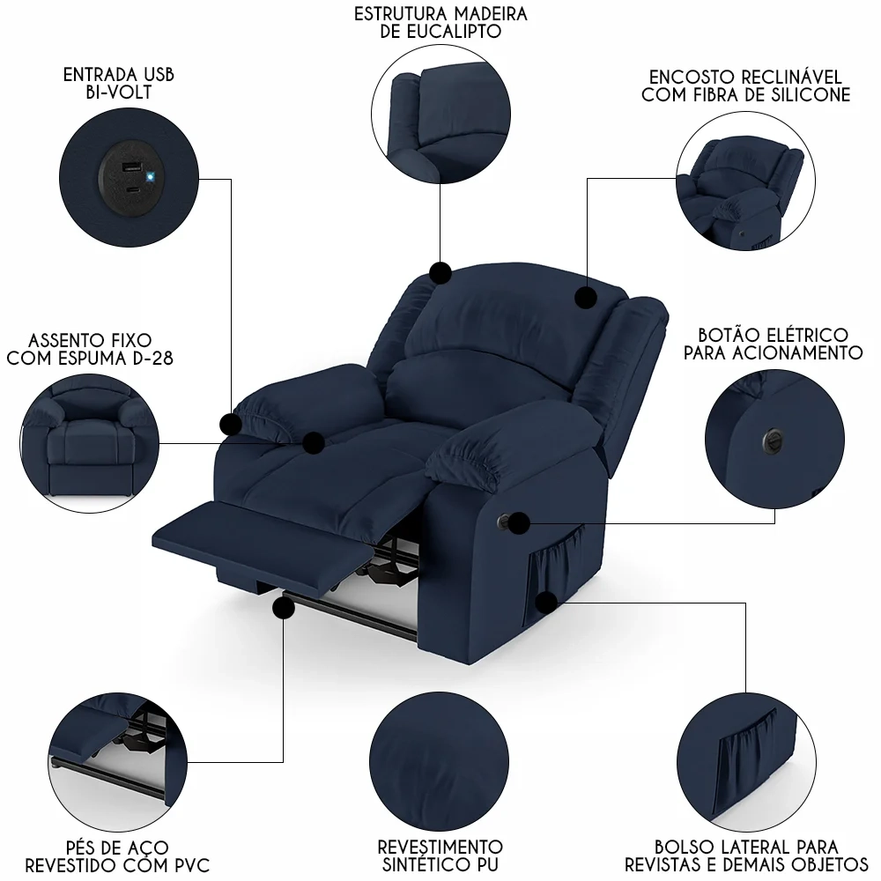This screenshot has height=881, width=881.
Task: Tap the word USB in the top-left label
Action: pos(157,74)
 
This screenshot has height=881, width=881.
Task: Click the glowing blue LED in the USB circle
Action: pos(152,176)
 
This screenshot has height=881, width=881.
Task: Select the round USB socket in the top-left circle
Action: pos(130,177)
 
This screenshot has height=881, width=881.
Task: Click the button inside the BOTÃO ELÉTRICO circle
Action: pos(773,435)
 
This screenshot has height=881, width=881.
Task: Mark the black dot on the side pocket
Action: pos(546,603)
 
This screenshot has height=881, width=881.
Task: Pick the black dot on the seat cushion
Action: pos(314,442)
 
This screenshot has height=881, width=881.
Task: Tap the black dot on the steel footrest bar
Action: pos(284,608)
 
